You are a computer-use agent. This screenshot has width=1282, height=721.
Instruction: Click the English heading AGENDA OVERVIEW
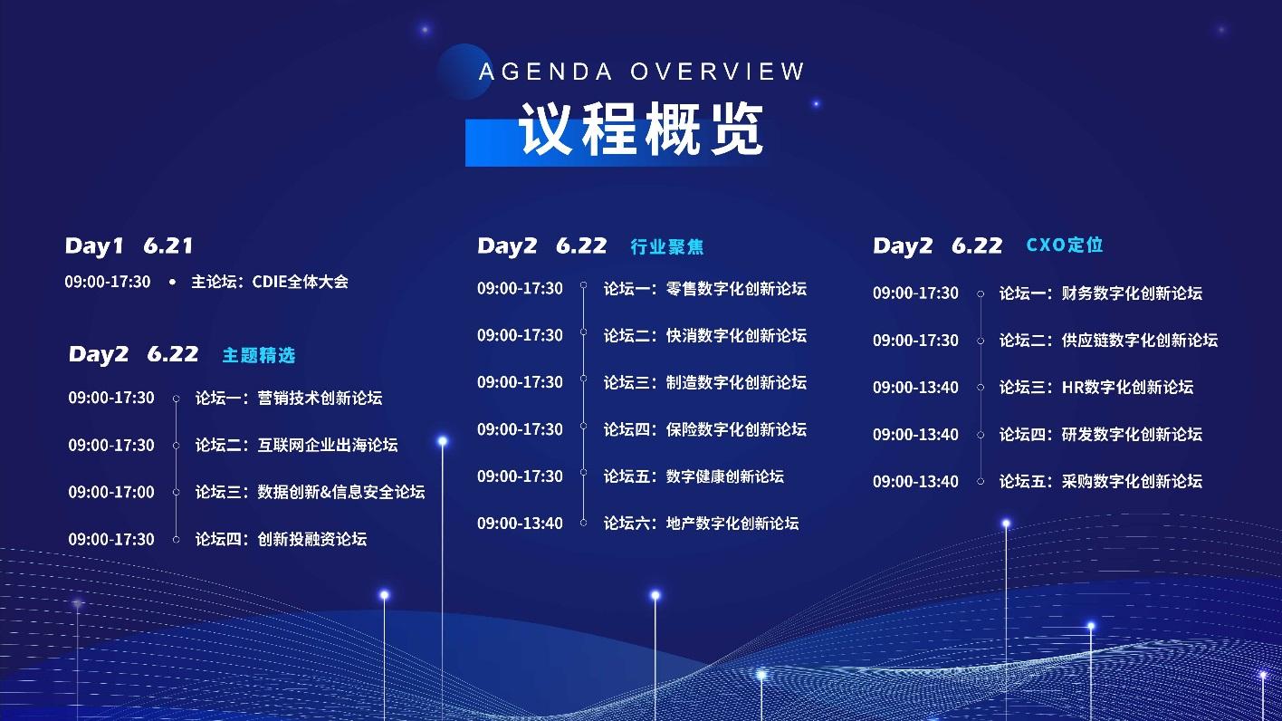(x=642, y=72)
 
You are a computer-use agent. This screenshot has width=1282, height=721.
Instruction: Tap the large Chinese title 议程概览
(x=642, y=130)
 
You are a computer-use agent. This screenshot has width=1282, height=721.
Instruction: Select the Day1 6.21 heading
(x=129, y=245)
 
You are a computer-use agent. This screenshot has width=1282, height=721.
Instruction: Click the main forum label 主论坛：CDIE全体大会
(x=269, y=282)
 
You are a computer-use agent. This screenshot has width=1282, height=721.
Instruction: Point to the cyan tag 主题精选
(x=259, y=355)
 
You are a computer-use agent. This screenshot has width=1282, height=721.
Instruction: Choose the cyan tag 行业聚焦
(x=667, y=246)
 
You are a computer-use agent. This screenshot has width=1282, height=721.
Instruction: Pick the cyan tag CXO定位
(x=1065, y=245)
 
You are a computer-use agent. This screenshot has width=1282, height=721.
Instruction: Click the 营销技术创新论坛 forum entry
(x=289, y=398)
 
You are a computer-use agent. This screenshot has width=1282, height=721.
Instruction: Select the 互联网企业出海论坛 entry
(x=296, y=445)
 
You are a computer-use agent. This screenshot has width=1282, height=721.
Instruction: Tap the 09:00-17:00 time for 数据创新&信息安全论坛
(x=111, y=492)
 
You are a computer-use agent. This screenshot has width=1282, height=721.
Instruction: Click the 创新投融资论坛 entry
(x=281, y=539)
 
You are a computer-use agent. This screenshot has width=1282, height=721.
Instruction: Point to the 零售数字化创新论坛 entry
(x=704, y=289)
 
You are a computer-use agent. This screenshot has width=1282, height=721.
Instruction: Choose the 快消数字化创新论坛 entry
(x=704, y=335)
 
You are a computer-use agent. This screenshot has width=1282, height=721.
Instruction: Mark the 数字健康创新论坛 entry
(x=694, y=476)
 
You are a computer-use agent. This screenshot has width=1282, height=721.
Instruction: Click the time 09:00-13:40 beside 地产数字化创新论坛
(x=520, y=523)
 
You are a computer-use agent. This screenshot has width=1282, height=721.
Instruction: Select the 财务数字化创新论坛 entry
(x=1100, y=293)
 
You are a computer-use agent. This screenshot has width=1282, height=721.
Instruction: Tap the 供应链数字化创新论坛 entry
(x=1108, y=340)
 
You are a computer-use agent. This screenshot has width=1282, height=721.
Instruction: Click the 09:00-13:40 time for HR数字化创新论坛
(x=915, y=387)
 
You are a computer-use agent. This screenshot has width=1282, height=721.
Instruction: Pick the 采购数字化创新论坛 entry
(x=1100, y=481)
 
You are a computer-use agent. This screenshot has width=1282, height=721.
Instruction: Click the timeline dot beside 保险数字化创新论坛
(x=584, y=428)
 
